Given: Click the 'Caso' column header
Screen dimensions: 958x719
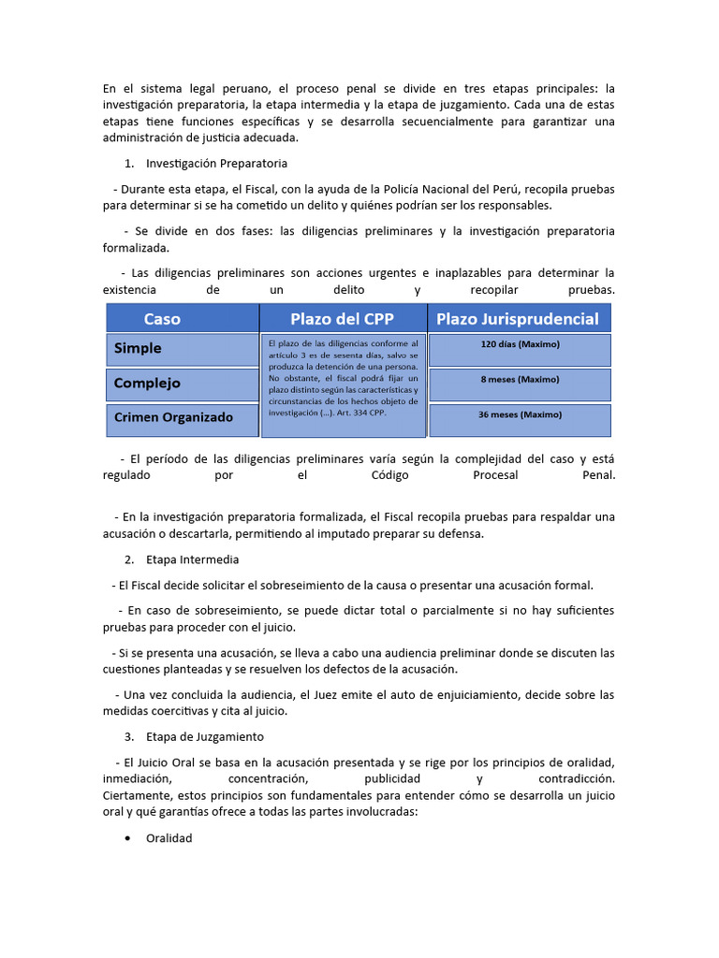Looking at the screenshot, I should click(x=162, y=319).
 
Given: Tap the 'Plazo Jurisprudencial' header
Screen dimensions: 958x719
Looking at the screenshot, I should click(x=518, y=319).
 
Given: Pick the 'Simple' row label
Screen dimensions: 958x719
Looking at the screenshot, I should click(x=138, y=348).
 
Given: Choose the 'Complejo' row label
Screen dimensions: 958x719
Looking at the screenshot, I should click(x=147, y=383).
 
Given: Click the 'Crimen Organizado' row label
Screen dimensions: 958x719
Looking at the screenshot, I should click(x=173, y=417).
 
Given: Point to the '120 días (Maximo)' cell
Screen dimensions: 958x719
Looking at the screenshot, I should click(x=519, y=344).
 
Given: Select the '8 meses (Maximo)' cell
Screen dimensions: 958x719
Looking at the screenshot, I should click(x=519, y=380).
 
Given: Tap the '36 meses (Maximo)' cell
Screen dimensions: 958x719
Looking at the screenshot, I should click(x=519, y=414).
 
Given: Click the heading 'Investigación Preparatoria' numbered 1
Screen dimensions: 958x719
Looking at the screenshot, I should click(x=203, y=164).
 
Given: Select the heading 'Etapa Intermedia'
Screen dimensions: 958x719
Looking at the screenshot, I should click(x=193, y=559).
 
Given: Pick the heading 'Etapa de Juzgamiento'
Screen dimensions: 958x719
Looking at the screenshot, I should click(x=205, y=736).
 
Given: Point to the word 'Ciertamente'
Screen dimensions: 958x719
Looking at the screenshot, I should click(x=134, y=795).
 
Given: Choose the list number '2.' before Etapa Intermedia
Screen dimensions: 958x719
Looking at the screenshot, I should click(x=129, y=559).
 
